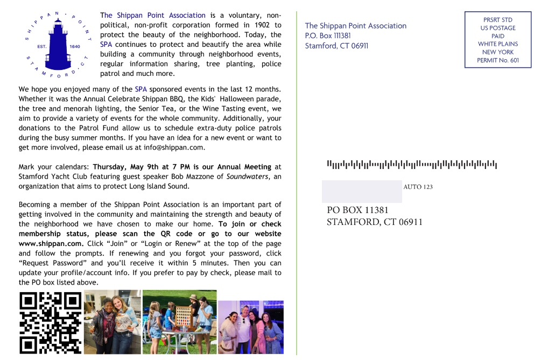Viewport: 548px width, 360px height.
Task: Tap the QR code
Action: click(x=50, y=322)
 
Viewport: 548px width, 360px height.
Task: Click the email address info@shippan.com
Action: click(x=174, y=147)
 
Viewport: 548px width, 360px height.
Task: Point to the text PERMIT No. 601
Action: click(x=498, y=60)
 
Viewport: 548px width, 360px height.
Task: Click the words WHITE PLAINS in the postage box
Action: click(x=498, y=44)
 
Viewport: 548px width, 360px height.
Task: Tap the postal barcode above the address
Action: click(x=412, y=164)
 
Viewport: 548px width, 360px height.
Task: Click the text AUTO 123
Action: click(x=418, y=187)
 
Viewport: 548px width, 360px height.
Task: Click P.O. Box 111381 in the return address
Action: click(x=328, y=36)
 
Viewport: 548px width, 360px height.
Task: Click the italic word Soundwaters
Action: click(x=247, y=177)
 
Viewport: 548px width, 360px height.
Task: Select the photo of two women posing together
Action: click(x=113, y=322)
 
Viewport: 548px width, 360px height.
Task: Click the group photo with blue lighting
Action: click(x=250, y=327)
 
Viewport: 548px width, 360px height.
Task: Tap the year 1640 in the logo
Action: click(x=74, y=47)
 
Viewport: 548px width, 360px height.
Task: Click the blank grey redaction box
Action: click(x=362, y=192)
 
